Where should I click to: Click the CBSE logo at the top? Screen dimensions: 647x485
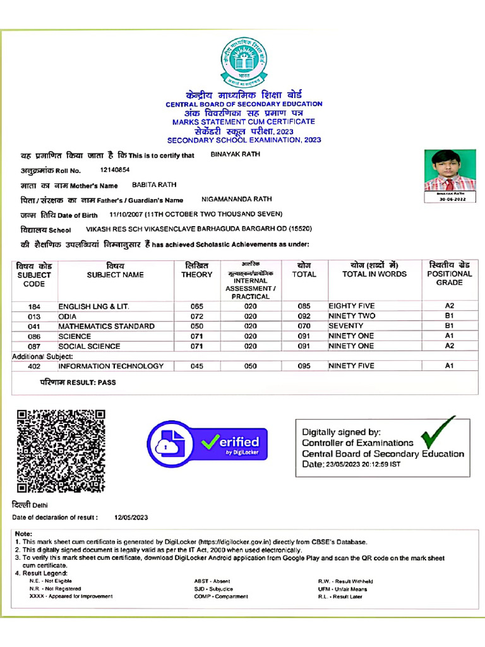[244, 62]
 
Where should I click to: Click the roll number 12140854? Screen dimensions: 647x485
[115, 170]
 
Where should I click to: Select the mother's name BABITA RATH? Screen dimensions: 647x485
[154, 185]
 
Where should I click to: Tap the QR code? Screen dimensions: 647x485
[61, 450]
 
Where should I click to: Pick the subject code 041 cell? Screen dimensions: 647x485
[34, 326]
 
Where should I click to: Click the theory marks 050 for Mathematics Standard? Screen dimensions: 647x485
[196, 326]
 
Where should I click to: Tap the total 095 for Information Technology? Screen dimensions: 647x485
[304, 366]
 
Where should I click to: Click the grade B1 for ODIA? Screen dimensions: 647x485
[449, 316]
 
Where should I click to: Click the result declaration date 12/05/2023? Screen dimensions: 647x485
[131, 517]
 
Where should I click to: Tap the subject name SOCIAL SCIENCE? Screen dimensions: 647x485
[89, 346]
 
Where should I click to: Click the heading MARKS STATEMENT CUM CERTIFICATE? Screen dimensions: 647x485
[244, 121]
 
